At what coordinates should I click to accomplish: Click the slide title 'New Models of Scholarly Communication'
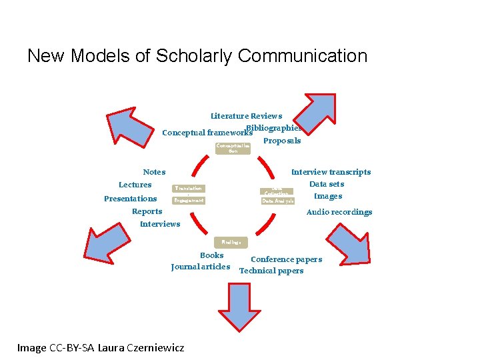[197, 56]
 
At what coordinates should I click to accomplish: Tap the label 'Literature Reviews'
[246, 116]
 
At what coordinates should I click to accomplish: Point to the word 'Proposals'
[282, 141]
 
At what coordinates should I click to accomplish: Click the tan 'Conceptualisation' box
[233, 148]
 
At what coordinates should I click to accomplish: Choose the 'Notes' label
[154, 172]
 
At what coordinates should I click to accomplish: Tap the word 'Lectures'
[135, 185]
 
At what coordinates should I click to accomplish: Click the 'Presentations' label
[131, 199]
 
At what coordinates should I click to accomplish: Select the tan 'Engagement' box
[188, 200]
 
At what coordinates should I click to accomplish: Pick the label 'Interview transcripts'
[331, 172]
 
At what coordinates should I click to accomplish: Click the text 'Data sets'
[327, 184]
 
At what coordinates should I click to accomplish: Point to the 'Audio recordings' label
[339, 212]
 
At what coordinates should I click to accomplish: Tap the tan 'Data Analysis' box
[277, 200]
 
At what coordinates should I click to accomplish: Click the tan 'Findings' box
[231, 242]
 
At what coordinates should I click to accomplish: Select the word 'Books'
[212, 255]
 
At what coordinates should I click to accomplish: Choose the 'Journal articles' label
[201, 267]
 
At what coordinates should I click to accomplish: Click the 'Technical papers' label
[271, 271]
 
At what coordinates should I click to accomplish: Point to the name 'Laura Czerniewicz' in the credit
[141, 347]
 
